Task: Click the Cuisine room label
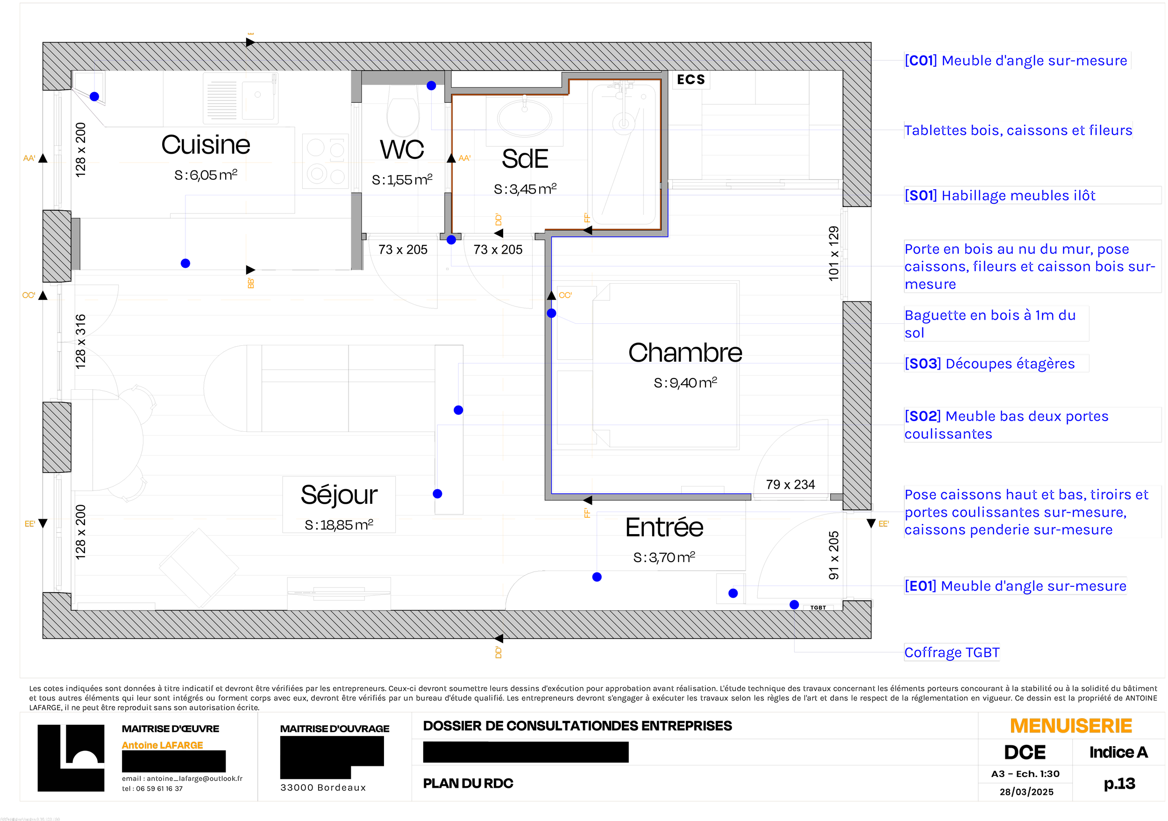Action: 206,145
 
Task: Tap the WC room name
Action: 402,150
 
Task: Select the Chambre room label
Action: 685,352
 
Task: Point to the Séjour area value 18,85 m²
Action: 339,525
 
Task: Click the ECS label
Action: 691,80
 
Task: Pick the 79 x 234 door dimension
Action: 790,485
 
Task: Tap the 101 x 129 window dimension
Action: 833,253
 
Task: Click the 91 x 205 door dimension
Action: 833,556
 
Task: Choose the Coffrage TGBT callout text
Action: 951,652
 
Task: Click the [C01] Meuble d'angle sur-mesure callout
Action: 1018,61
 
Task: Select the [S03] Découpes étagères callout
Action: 990,364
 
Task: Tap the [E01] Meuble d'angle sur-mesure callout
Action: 1015,586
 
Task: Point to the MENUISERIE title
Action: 1071,726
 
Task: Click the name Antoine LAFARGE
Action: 162,745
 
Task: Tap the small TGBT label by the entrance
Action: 818,607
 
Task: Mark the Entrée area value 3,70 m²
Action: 664,557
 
